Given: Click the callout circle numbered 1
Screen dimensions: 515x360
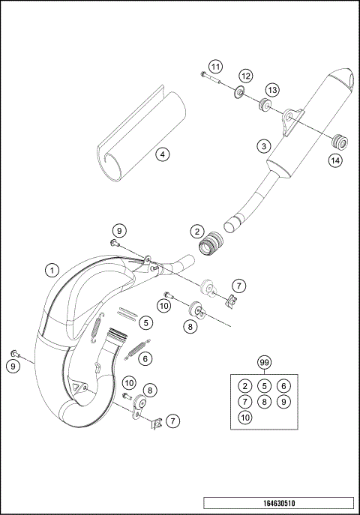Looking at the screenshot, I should pyautogui.click(x=52, y=269).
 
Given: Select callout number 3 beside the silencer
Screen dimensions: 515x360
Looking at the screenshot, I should pyautogui.click(x=263, y=146).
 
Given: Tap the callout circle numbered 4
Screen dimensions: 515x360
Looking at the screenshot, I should pyautogui.click(x=161, y=154).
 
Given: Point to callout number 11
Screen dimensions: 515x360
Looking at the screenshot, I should pyautogui.click(x=215, y=67).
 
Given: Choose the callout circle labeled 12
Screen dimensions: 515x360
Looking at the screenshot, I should pyautogui.click(x=245, y=76).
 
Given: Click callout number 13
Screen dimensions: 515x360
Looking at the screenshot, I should pyautogui.click(x=271, y=90).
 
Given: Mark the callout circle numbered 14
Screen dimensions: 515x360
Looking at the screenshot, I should pyautogui.click(x=334, y=159).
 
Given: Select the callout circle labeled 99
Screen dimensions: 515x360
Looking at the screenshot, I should pyautogui.click(x=263, y=363).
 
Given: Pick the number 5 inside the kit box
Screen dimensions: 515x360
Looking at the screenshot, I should pyautogui.click(x=263, y=386).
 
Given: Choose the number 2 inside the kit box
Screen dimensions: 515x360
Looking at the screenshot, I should pyautogui.click(x=244, y=386).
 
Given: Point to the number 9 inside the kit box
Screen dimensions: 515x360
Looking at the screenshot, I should pyautogui.click(x=282, y=401).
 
